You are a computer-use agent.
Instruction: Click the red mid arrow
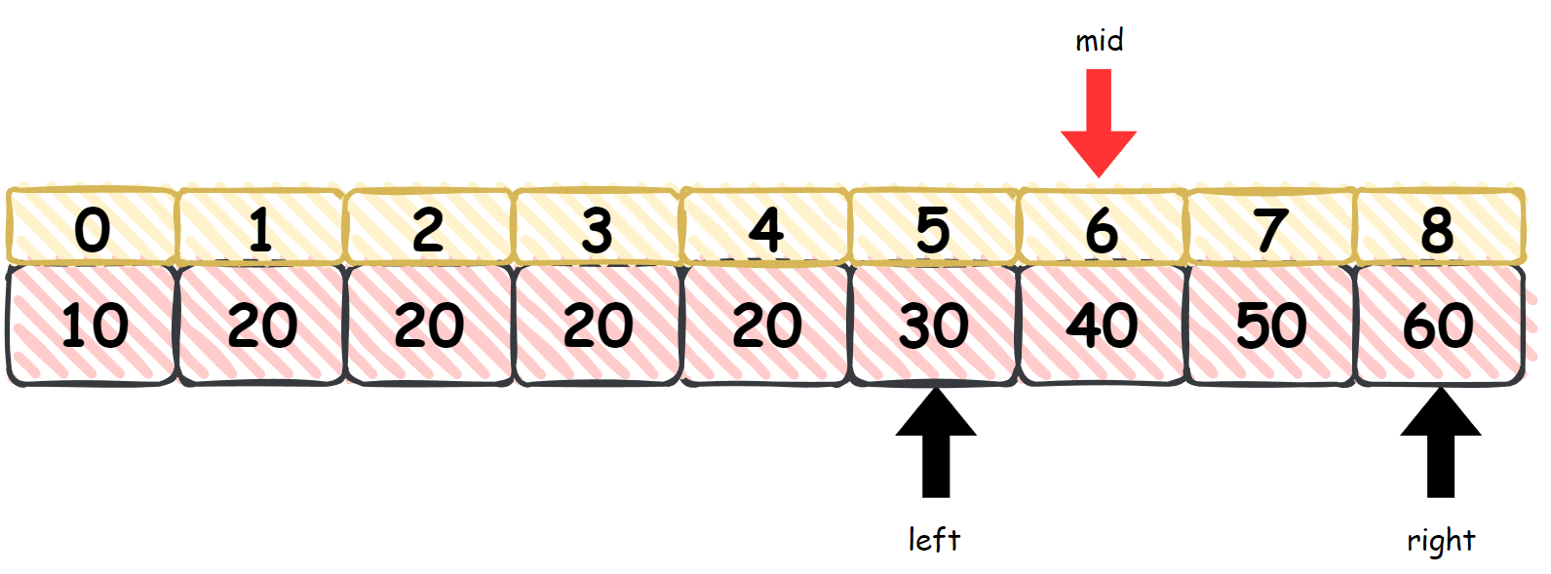click(x=1099, y=122)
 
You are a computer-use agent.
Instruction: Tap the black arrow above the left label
click(x=936, y=443)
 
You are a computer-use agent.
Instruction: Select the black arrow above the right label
click(x=1441, y=443)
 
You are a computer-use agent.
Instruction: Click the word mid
click(x=1099, y=41)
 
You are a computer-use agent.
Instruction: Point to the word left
click(x=934, y=539)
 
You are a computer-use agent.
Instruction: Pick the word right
click(x=1441, y=540)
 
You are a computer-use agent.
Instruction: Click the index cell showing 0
click(x=93, y=228)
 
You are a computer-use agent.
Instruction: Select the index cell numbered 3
click(x=597, y=228)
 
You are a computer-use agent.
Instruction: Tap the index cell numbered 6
click(x=1102, y=228)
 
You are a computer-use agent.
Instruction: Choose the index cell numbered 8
click(x=1438, y=228)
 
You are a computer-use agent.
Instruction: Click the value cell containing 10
click(x=93, y=325)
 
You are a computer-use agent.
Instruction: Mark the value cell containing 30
click(x=934, y=325)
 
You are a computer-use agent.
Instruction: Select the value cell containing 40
click(x=1102, y=325)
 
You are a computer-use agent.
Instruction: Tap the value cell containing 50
click(x=1270, y=325)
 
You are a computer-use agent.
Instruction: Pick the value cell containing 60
click(x=1438, y=325)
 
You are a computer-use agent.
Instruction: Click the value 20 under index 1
click(x=261, y=325)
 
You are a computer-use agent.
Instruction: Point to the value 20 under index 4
click(x=765, y=325)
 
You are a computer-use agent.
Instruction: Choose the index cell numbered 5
click(x=934, y=228)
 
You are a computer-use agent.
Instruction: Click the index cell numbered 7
click(x=1270, y=228)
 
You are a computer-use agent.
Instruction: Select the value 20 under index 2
click(x=429, y=325)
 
